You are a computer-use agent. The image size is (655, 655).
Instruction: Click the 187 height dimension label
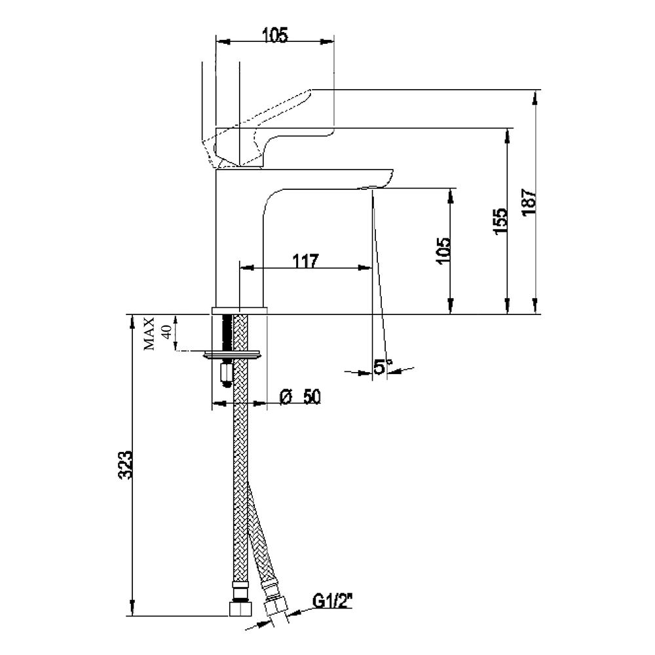[x=529, y=202]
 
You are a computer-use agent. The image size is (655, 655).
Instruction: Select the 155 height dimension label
[x=501, y=221]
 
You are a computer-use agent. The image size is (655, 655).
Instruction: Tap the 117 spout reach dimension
[x=305, y=261]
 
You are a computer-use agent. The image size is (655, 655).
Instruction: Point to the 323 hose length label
[x=125, y=465]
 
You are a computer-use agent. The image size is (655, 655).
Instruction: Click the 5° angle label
[x=383, y=367]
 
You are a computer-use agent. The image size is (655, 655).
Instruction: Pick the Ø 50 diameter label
[x=300, y=397]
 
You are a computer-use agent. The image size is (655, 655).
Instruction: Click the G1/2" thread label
[x=333, y=601]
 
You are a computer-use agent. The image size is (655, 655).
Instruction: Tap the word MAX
[x=149, y=334]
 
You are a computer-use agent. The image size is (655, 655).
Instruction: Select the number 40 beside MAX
[x=166, y=333]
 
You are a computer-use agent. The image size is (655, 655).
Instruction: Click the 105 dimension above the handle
[x=275, y=35]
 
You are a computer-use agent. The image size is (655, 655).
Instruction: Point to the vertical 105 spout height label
[x=443, y=251]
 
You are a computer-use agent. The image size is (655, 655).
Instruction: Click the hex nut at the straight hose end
[x=240, y=608]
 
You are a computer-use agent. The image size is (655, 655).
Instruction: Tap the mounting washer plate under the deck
[x=233, y=354]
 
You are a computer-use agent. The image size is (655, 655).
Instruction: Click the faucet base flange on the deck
[x=239, y=310]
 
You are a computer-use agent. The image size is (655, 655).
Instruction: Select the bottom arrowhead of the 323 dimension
[x=132, y=608]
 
